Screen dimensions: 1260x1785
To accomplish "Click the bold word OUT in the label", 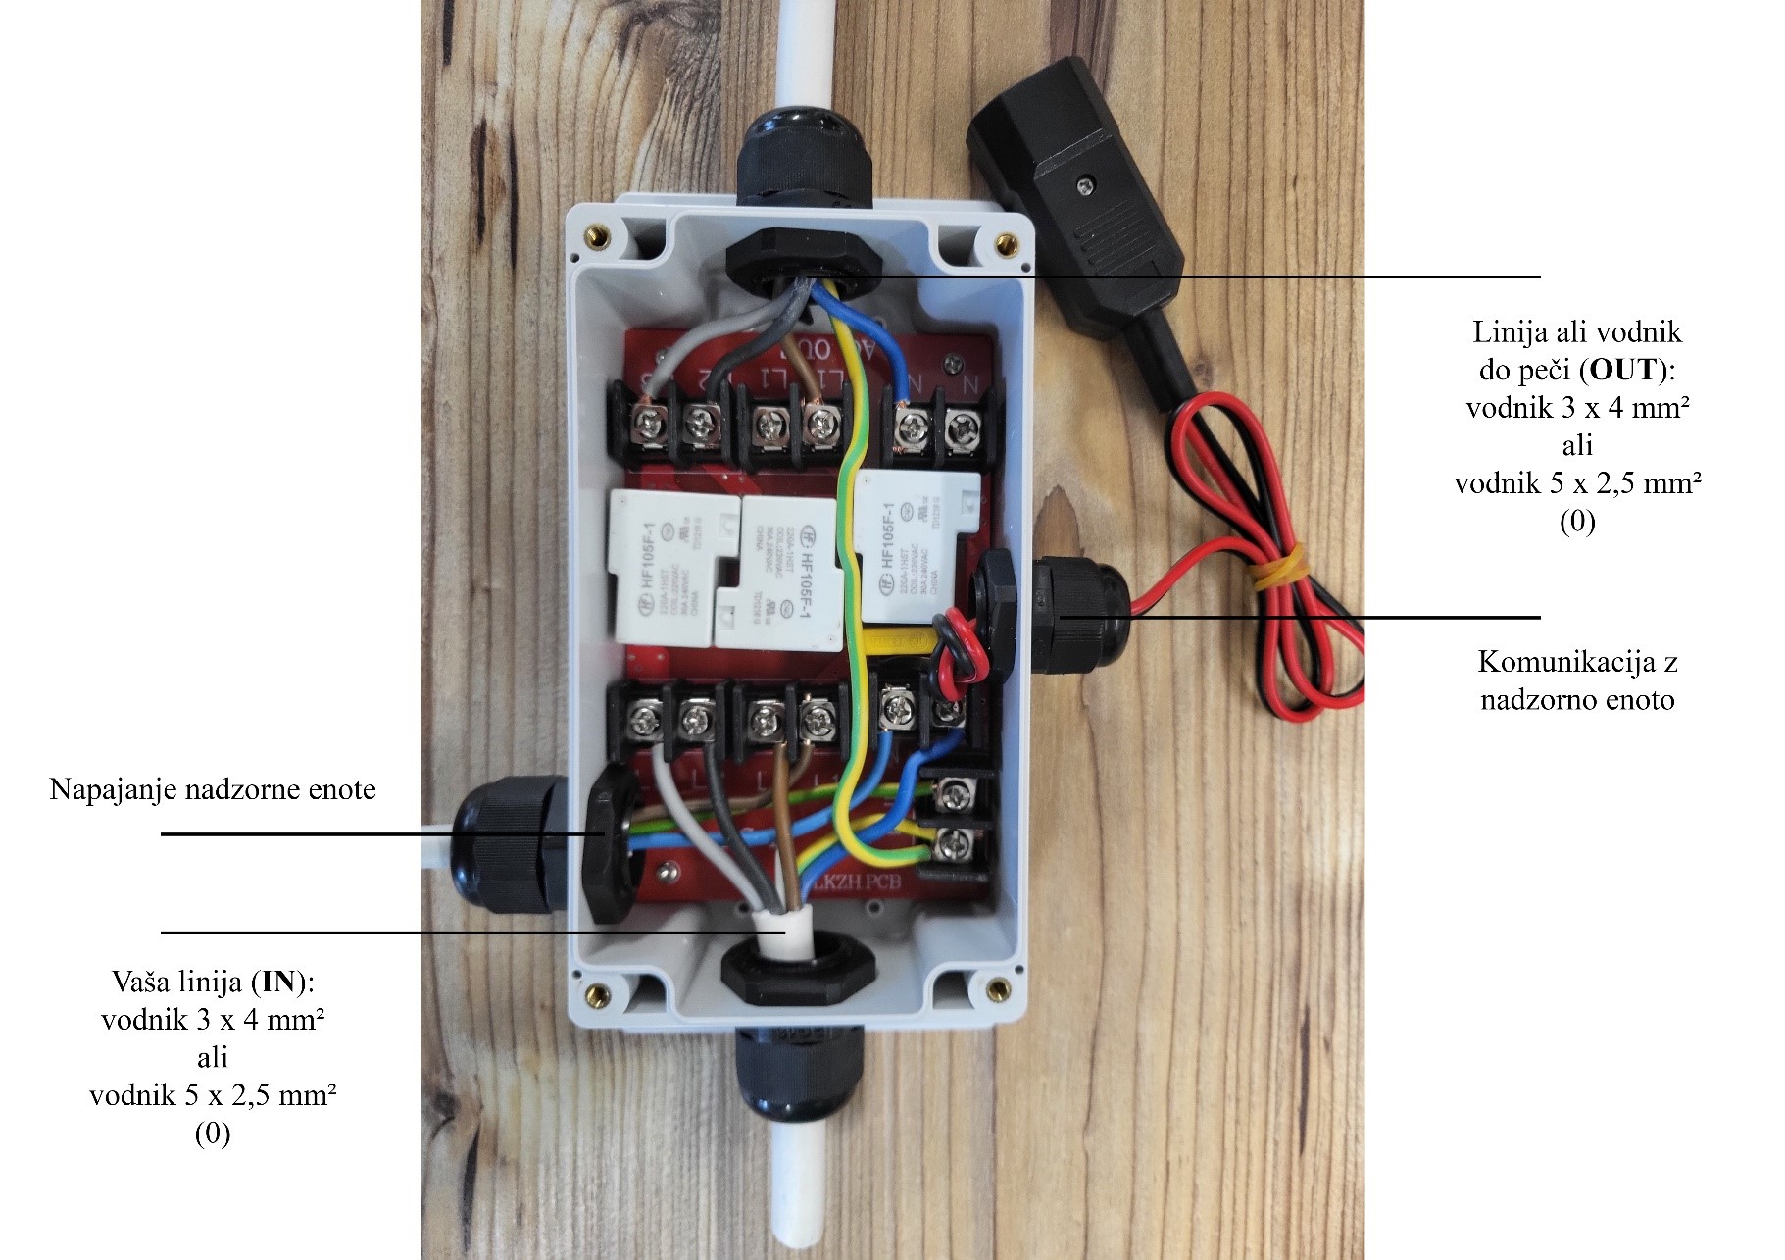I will (1623, 370).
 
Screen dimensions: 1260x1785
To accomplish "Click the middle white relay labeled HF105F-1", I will (790, 575).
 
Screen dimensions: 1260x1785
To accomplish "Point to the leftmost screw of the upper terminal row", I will (648, 425).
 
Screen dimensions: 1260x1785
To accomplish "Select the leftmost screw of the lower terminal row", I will (644, 722).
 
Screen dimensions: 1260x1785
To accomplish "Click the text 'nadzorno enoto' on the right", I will (1577, 700).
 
